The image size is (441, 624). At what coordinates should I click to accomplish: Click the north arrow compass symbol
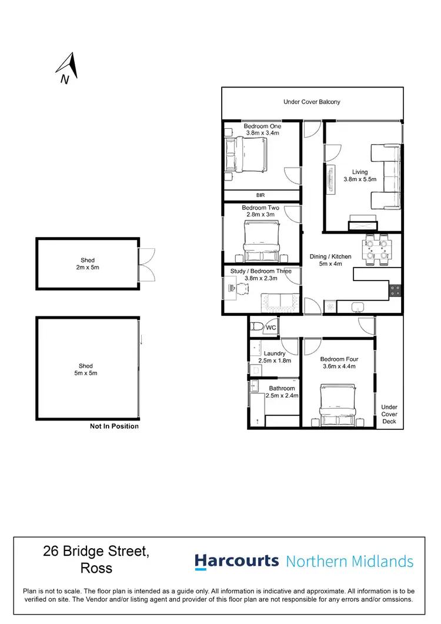pyautogui.click(x=69, y=67)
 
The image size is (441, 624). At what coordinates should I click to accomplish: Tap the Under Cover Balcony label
pyautogui.click(x=312, y=102)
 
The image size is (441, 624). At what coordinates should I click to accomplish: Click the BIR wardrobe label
pyautogui.click(x=262, y=195)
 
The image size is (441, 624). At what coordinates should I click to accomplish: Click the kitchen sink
pyautogui.click(x=359, y=306)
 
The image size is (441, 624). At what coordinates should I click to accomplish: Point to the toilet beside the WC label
pyautogui.click(x=256, y=326)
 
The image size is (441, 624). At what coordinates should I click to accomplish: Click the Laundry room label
pyautogui.click(x=275, y=353)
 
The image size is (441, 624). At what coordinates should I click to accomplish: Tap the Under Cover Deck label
pyautogui.click(x=389, y=414)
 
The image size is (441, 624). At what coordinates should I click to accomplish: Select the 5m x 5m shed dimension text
pyautogui.click(x=86, y=373)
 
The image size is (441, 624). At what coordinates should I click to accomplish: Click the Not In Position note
pyautogui.click(x=114, y=426)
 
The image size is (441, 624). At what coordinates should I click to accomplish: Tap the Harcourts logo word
pyautogui.click(x=236, y=560)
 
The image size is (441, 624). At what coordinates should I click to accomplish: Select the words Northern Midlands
pyautogui.click(x=350, y=561)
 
